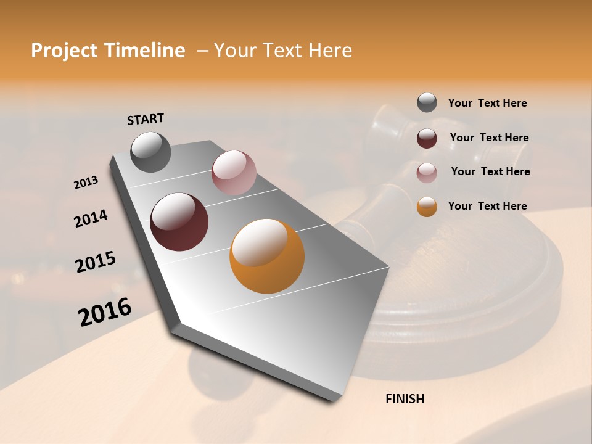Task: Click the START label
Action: coord(146,119)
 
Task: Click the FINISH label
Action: coord(405,399)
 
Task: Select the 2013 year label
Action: coord(86,183)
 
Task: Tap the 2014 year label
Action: coord(91,218)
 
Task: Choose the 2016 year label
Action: coord(105,312)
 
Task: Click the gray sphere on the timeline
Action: coord(150,152)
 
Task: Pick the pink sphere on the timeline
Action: coord(234,173)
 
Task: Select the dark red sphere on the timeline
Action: coord(179,222)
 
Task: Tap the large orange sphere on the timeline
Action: coord(267,256)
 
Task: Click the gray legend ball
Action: coord(427,102)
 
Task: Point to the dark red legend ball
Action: coord(427,138)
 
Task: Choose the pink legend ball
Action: coord(427,173)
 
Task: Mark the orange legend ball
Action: coord(427,207)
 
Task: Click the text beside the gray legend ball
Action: coord(487,104)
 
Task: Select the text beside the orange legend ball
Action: coord(487,206)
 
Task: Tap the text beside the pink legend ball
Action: coord(490,171)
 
